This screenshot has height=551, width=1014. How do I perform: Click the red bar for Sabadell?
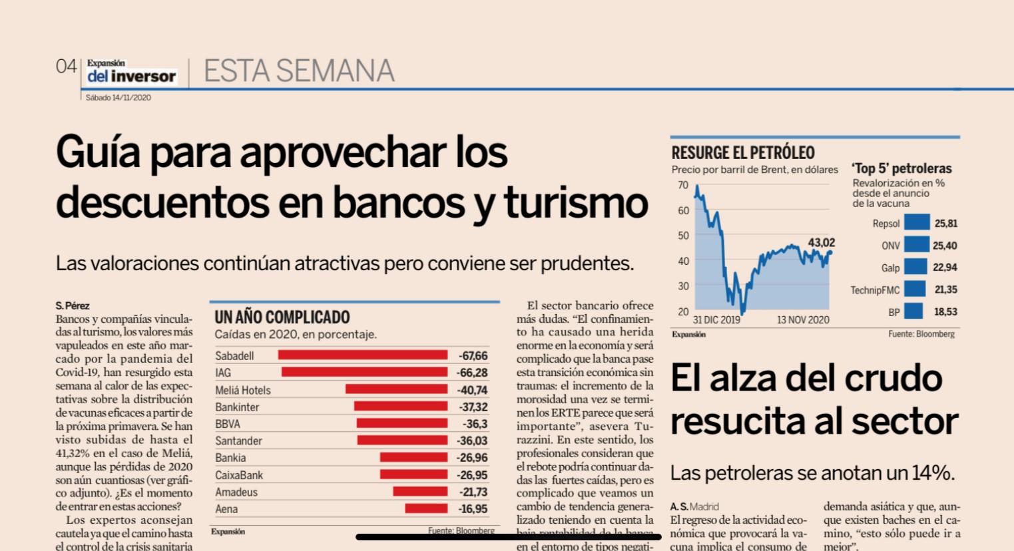pyautogui.click(x=363, y=355)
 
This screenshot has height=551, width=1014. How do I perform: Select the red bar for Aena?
pyautogui.click(x=426, y=509)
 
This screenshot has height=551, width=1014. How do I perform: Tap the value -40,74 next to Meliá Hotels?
pyautogui.click(x=473, y=390)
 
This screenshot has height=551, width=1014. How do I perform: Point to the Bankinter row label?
pyautogui.click(x=237, y=407)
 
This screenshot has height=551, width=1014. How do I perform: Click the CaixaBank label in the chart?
pyautogui.click(x=239, y=475)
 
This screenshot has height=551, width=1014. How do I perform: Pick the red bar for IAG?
pyautogui.click(x=364, y=373)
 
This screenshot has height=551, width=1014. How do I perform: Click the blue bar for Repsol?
pyautogui.click(x=917, y=223)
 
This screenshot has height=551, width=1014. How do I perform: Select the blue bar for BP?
pyautogui.click(x=913, y=311)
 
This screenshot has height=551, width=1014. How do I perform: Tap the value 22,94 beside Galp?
pyautogui.click(x=945, y=268)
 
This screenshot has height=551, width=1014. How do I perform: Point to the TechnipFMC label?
pyautogui.click(x=875, y=290)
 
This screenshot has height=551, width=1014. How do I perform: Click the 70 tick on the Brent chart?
pyautogui.click(x=683, y=185)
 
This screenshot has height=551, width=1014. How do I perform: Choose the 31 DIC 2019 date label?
pyautogui.click(x=716, y=320)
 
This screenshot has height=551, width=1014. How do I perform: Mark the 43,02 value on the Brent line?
pyautogui.click(x=821, y=242)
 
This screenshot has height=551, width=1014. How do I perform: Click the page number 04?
pyautogui.click(x=67, y=67)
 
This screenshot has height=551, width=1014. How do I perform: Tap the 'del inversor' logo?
pyautogui.click(x=131, y=76)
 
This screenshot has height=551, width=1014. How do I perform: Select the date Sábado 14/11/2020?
pyautogui.click(x=119, y=98)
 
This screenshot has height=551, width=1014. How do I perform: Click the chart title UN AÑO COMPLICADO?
pyautogui.click(x=282, y=317)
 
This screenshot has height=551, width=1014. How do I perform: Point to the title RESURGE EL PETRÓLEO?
pyautogui.click(x=743, y=152)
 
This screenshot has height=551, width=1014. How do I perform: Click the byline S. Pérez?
pyautogui.click(x=73, y=306)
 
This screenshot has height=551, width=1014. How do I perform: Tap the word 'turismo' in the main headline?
pyautogui.click(x=576, y=202)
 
